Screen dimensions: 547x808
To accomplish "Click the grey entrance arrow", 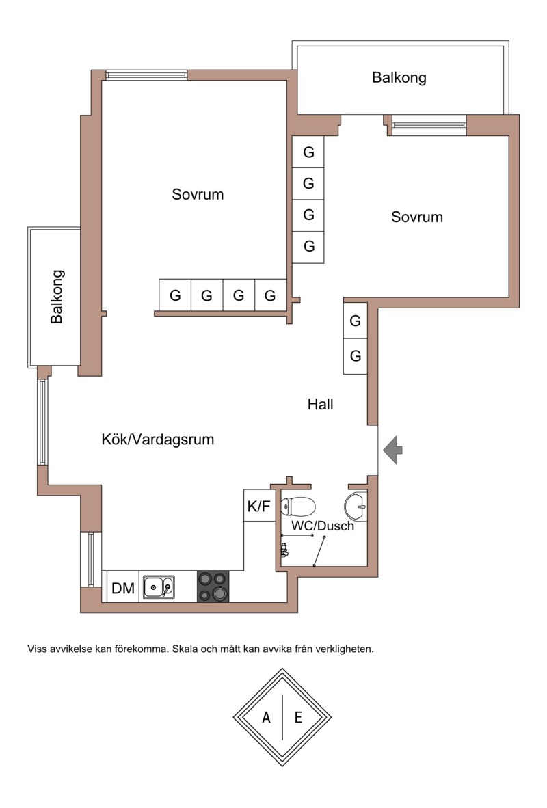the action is coord(393,450).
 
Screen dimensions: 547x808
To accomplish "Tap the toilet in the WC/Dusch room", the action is coord(298,506).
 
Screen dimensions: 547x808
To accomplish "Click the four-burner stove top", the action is coord(213,587).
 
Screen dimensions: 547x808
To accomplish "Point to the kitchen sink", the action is coord(158,587).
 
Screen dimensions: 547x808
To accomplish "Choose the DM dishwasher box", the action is coord(122,587).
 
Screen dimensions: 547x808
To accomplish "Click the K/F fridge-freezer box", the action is coord(259,506).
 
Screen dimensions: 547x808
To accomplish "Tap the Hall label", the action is coord(320,405).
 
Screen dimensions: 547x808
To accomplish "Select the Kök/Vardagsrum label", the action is coord(158,440).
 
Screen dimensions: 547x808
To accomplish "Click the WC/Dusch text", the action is coord(323,526).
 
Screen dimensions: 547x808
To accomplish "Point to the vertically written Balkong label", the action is coord(57,296).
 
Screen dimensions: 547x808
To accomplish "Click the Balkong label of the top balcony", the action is coord(399,78).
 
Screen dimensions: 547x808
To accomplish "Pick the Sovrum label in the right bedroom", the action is coord(416,217).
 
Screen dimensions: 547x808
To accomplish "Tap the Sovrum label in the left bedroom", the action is coord(198,194).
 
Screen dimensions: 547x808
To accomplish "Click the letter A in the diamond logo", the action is coord(266,717).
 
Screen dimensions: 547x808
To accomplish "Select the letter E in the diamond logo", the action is coord(298,717).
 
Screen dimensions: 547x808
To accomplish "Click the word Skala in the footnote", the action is coord(184,649).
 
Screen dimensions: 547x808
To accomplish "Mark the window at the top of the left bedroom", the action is coord(147,75).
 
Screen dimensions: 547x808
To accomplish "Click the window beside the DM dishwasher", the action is coord(91,560).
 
